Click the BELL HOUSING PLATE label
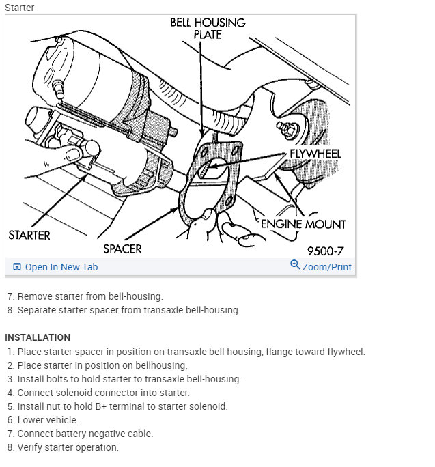(x=207, y=28)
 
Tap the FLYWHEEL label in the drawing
(x=315, y=154)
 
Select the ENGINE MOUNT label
(x=303, y=224)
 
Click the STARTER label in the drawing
(x=29, y=235)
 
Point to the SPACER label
(x=122, y=249)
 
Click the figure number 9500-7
(x=325, y=250)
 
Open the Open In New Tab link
(x=61, y=267)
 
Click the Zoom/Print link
(x=326, y=267)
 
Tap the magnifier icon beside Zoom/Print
(x=295, y=265)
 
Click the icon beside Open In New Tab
(x=17, y=267)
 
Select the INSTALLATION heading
(x=38, y=337)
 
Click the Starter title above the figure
(x=19, y=8)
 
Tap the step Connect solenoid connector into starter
(x=103, y=393)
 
